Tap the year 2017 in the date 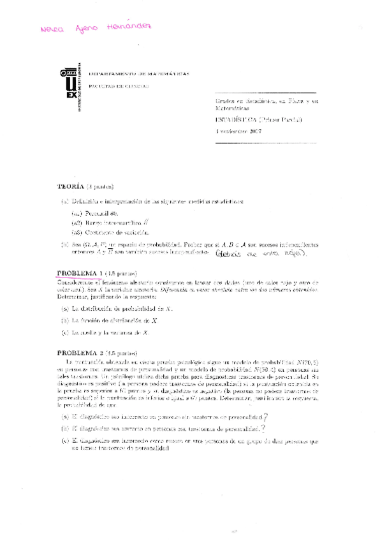253,131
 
